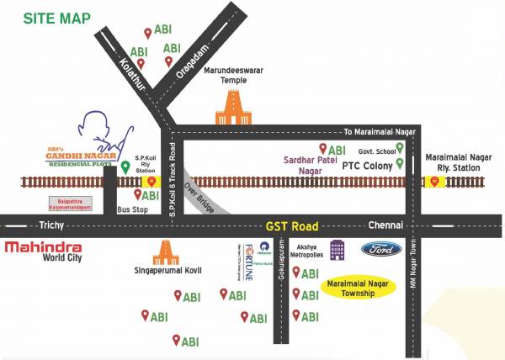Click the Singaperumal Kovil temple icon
166,253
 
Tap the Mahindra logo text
43,247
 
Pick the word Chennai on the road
385,225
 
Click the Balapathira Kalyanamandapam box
69,204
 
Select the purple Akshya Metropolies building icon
338,249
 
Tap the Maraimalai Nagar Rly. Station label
454,162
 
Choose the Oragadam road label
189,63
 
